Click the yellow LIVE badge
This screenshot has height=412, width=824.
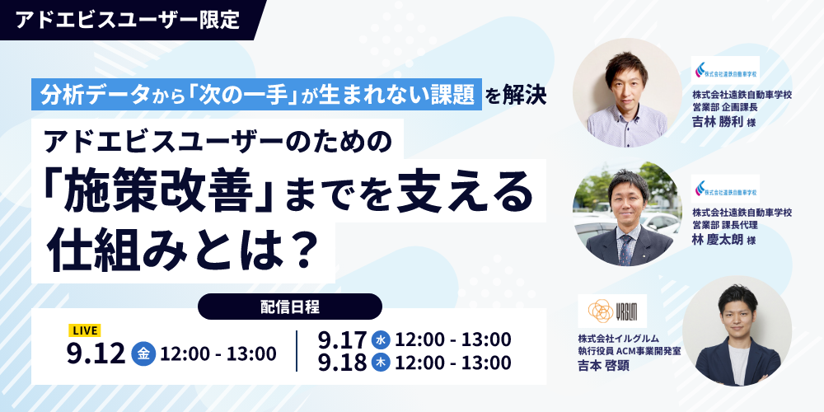(84, 330)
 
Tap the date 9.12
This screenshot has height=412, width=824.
(96, 353)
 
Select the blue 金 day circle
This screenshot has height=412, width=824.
(143, 353)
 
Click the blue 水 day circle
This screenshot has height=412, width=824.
(381, 340)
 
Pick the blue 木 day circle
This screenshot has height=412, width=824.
(381, 363)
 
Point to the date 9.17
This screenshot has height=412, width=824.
(342, 340)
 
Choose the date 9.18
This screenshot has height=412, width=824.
(342, 363)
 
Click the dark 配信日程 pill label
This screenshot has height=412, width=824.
(289, 307)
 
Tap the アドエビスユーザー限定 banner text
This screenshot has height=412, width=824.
(128, 20)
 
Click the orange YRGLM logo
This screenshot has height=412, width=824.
(612, 311)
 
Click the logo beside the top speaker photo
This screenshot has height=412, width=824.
(725, 70)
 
